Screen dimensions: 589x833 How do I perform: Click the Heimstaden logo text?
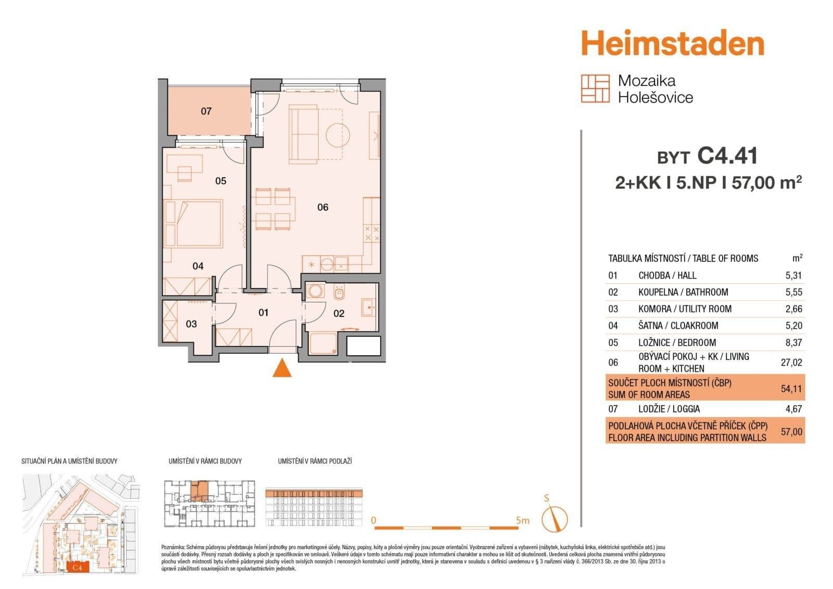[672, 43]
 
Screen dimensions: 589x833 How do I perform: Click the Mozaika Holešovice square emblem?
[595, 89]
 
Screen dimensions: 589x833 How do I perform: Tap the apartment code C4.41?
[727, 156]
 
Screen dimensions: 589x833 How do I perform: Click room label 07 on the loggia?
[206, 111]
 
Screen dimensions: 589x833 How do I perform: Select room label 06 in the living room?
[323, 207]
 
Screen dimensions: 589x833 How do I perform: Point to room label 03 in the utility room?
[191, 324]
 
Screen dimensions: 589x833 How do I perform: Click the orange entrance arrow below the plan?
[282, 368]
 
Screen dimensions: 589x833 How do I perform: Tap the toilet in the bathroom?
[339, 294]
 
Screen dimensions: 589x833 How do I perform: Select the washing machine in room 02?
[315, 291]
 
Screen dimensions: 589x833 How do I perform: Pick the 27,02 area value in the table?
[791, 362]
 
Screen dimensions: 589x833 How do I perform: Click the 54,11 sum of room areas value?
[791, 389]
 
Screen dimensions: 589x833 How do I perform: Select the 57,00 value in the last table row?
[791, 432]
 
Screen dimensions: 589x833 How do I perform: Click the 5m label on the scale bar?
[523, 520]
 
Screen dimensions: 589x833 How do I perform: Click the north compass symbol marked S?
[554, 518]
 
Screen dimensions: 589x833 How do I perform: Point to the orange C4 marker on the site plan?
[78, 567]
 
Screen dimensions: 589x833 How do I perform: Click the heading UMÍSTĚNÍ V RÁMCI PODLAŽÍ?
[315, 461]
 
